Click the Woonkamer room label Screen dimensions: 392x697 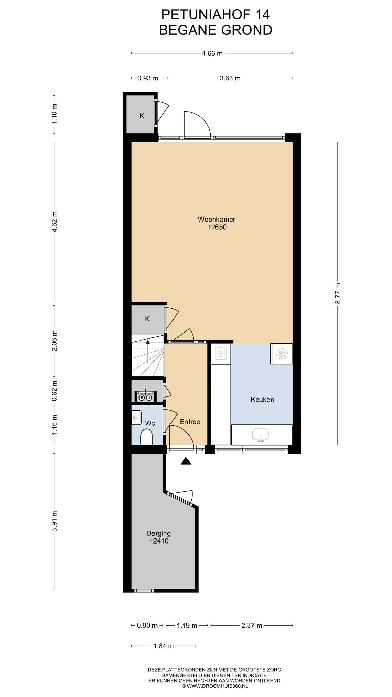pyautogui.click(x=216, y=219)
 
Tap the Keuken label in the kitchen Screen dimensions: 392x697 pyautogui.click(x=262, y=400)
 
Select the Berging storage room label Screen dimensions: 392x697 pyautogui.click(x=159, y=533)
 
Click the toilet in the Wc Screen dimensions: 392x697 pyautogui.click(x=147, y=437)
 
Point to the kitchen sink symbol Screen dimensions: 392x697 pyautogui.click(x=261, y=435)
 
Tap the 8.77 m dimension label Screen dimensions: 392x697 pyautogui.click(x=338, y=293)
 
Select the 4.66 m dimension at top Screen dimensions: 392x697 pyautogui.click(x=212, y=53)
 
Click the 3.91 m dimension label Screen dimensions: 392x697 pyautogui.click(x=54, y=521)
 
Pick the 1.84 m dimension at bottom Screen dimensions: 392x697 pyautogui.click(x=164, y=646)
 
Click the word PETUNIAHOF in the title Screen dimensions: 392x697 pyautogui.click(x=205, y=15)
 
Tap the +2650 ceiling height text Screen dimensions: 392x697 pyautogui.click(x=217, y=227)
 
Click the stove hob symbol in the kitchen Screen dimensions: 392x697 pyautogui.click(x=281, y=354)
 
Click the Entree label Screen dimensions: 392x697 pyautogui.click(x=190, y=422)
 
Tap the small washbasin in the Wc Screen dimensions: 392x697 pyautogui.click(x=137, y=418)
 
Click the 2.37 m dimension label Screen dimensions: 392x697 pyautogui.click(x=252, y=625)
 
